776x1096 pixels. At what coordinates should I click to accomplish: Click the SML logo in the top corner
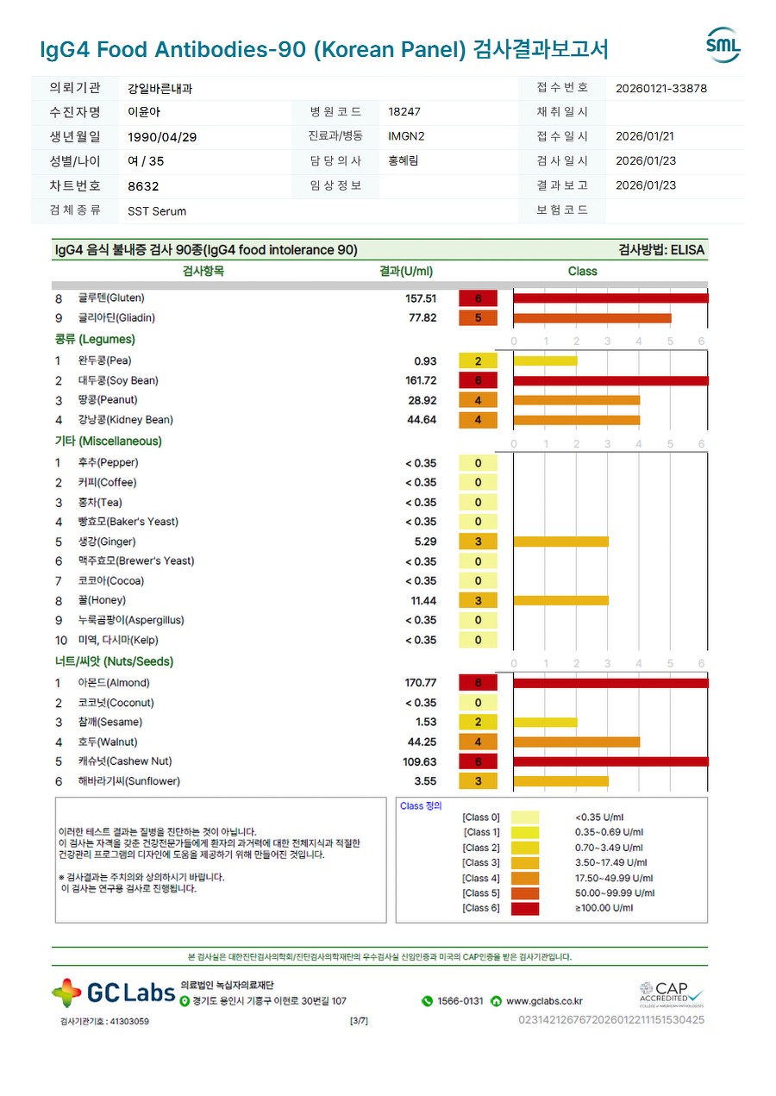pyautogui.click(x=723, y=45)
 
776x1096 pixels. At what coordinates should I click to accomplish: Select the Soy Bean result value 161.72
pyautogui.click(x=421, y=380)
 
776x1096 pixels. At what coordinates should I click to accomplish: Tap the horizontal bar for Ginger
pyautogui.click(x=560, y=542)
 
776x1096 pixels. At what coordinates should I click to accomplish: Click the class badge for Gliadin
pyautogui.click(x=478, y=317)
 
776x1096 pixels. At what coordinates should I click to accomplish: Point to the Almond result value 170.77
pyautogui.click(x=421, y=683)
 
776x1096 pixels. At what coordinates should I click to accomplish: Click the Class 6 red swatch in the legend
pyautogui.click(x=524, y=908)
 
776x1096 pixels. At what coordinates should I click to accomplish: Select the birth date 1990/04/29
pyautogui.click(x=162, y=136)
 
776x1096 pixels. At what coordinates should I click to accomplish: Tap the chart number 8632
pyautogui.click(x=143, y=185)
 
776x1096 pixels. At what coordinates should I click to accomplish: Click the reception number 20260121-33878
pyautogui.click(x=661, y=88)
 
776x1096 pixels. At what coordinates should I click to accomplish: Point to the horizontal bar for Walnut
pyautogui.click(x=576, y=742)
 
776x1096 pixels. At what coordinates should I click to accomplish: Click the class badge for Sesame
pyautogui.click(x=478, y=723)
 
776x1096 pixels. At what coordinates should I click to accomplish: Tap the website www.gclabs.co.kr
pyautogui.click(x=544, y=1001)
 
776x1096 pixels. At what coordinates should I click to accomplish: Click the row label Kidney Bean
pyautogui.click(x=125, y=420)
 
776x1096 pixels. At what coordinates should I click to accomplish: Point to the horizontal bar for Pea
pyautogui.click(x=545, y=360)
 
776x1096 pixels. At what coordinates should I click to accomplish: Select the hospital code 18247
pyautogui.click(x=404, y=112)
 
